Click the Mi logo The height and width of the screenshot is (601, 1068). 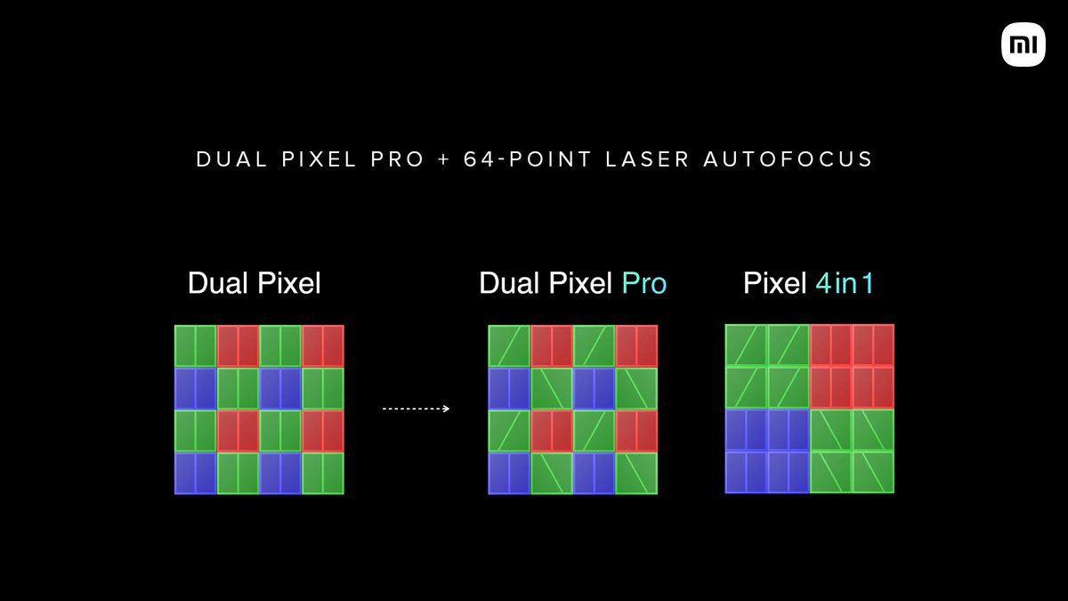(x=1023, y=45)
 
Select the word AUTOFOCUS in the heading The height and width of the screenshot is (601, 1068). (x=789, y=160)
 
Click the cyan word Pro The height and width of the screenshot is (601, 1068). (x=643, y=284)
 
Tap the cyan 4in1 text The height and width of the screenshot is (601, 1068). (x=845, y=284)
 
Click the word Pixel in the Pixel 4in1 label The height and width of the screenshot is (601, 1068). (x=775, y=284)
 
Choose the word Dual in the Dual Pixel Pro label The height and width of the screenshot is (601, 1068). (x=509, y=284)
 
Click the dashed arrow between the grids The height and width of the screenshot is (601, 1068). (x=415, y=409)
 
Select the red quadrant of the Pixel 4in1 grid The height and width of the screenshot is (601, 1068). (x=852, y=367)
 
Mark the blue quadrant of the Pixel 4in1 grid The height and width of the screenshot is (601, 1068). (x=767, y=451)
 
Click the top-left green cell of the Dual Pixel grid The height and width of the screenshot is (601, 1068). (x=196, y=346)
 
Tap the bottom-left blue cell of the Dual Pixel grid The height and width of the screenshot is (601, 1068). (x=196, y=473)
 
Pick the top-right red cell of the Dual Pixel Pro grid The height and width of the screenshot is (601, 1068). (x=636, y=346)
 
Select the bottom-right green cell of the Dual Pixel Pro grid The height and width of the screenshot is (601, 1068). (x=636, y=473)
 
